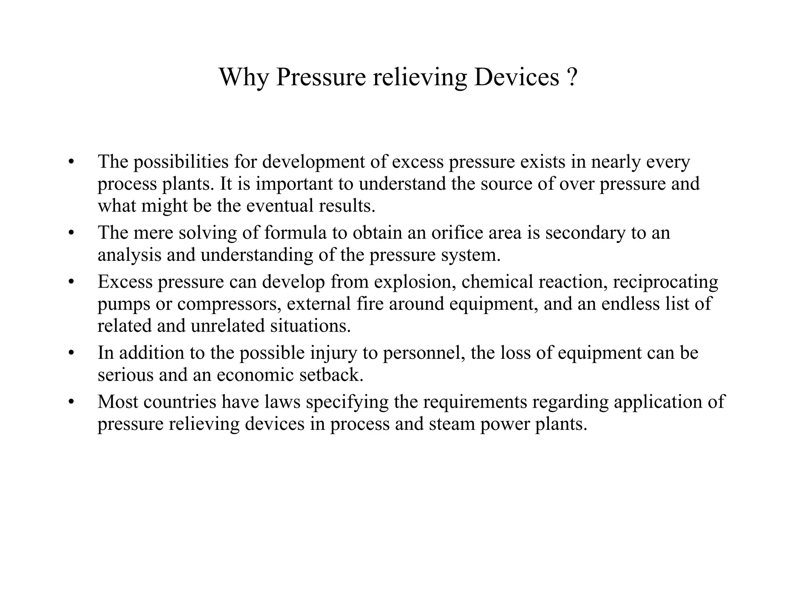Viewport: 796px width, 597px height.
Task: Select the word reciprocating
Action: [x=665, y=282]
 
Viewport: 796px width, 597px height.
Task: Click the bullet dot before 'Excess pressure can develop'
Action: [x=70, y=282]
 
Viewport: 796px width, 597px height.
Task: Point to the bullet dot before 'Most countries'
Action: [x=70, y=402]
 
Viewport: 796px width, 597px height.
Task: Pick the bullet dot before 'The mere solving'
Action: [x=70, y=233]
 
